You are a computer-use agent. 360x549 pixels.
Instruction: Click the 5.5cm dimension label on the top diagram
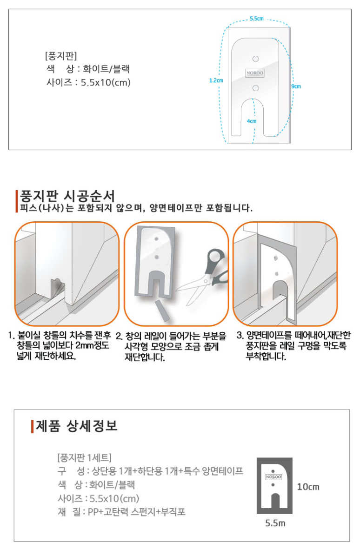256,19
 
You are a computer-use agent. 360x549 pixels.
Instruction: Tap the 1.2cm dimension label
216,80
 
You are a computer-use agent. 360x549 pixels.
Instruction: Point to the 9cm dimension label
296,86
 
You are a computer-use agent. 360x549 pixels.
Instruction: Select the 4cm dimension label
252,121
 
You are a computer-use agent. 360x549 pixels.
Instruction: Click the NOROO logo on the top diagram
254,73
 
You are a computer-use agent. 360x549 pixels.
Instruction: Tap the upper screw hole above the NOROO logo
256,59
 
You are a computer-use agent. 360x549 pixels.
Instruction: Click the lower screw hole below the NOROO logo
256,88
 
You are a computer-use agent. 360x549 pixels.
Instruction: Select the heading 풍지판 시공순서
67,196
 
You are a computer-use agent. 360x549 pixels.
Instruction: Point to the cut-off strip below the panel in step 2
162,310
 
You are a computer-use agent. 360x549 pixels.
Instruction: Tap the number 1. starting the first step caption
11,336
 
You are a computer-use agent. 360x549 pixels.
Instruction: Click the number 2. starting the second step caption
119,337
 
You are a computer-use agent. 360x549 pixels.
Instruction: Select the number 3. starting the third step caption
240,336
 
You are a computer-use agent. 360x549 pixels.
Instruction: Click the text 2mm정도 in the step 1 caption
92,346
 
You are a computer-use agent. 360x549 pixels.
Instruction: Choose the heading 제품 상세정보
76,426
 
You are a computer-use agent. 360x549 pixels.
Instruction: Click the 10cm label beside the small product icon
308,487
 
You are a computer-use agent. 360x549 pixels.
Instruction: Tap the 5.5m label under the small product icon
275,523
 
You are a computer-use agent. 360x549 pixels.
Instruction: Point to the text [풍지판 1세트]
84,457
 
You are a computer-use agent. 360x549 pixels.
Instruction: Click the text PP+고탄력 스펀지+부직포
137,512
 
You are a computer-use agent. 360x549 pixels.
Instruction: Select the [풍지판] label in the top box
61,56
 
